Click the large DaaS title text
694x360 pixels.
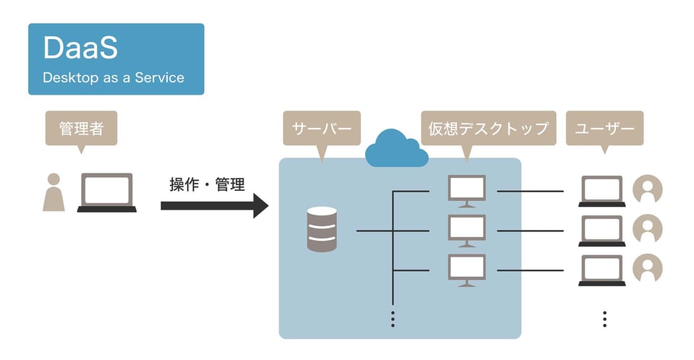coord(80,49)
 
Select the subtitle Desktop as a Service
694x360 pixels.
coord(113,77)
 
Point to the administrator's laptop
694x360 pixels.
coord(107,192)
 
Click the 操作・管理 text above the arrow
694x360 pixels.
coord(207,184)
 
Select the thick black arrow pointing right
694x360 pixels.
coord(214,205)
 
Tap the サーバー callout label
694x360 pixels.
coord(322,129)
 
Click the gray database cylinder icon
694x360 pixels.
coord(322,229)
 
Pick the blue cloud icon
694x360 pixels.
coord(393,147)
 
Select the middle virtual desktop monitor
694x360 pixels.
coord(467,230)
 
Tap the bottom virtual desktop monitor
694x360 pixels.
coord(467,270)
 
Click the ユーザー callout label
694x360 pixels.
coord(604,129)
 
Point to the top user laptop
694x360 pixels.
coord(602,192)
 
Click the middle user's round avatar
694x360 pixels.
coord(648,230)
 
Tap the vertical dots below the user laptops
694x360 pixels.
coord(604,319)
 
